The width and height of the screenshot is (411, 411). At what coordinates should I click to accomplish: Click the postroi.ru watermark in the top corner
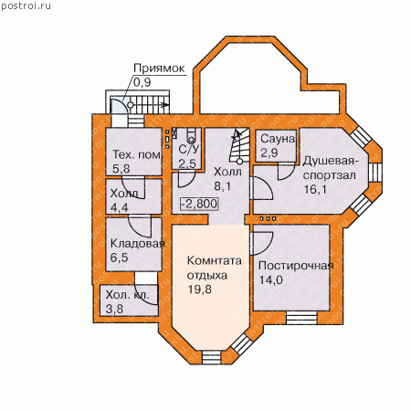(x=26, y=6)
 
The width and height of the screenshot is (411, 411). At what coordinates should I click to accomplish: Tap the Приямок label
(x=159, y=68)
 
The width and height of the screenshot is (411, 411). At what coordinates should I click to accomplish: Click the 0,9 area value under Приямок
(x=142, y=82)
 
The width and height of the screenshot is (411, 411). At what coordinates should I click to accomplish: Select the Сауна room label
(x=278, y=139)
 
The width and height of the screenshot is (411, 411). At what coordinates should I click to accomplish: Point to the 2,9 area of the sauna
(x=269, y=153)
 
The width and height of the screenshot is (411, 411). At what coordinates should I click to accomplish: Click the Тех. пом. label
(x=138, y=154)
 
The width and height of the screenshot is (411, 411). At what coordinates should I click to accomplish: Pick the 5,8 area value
(x=121, y=168)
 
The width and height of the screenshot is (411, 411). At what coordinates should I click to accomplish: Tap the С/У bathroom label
(x=189, y=149)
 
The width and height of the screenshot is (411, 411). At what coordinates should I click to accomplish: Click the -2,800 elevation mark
(x=199, y=204)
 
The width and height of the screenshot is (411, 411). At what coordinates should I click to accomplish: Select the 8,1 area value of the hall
(x=223, y=186)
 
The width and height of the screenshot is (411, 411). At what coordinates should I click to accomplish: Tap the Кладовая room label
(x=137, y=244)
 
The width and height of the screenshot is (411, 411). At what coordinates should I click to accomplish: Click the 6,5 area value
(x=119, y=258)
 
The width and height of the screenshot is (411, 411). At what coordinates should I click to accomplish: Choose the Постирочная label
(x=296, y=266)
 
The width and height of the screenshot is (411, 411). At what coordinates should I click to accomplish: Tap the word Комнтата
(x=215, y=261)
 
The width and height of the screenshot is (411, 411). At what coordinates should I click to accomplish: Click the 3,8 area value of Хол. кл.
(x=114, y=309)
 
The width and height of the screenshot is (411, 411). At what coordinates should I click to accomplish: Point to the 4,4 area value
(x=119, y=207)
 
